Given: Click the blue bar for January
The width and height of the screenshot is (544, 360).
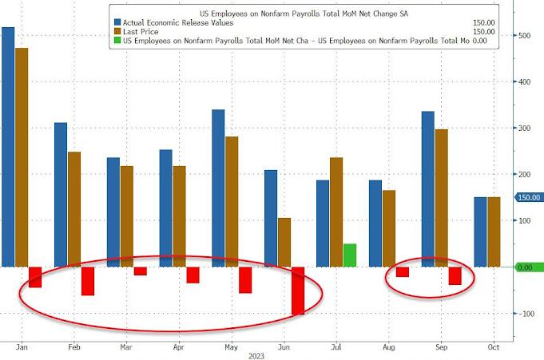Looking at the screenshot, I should point(8,147).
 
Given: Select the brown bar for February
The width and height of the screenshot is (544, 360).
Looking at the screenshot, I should point(73,209).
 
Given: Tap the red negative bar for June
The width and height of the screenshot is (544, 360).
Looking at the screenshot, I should point(297,291).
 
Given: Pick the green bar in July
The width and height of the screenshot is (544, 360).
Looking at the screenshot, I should point(349,255).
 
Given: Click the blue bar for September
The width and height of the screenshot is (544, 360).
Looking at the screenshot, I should point(427,189).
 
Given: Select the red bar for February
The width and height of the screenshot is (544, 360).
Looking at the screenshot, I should point(87,281).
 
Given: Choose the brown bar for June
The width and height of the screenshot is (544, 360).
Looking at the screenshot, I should point(284,242).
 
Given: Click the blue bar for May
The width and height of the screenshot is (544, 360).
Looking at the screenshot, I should point(218,188).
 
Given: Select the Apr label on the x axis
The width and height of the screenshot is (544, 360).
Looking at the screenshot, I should point(179,348).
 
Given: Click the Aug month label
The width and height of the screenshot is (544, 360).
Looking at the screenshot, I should point(389,348).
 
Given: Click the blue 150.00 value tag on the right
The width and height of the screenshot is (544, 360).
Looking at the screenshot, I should point(529,197).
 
